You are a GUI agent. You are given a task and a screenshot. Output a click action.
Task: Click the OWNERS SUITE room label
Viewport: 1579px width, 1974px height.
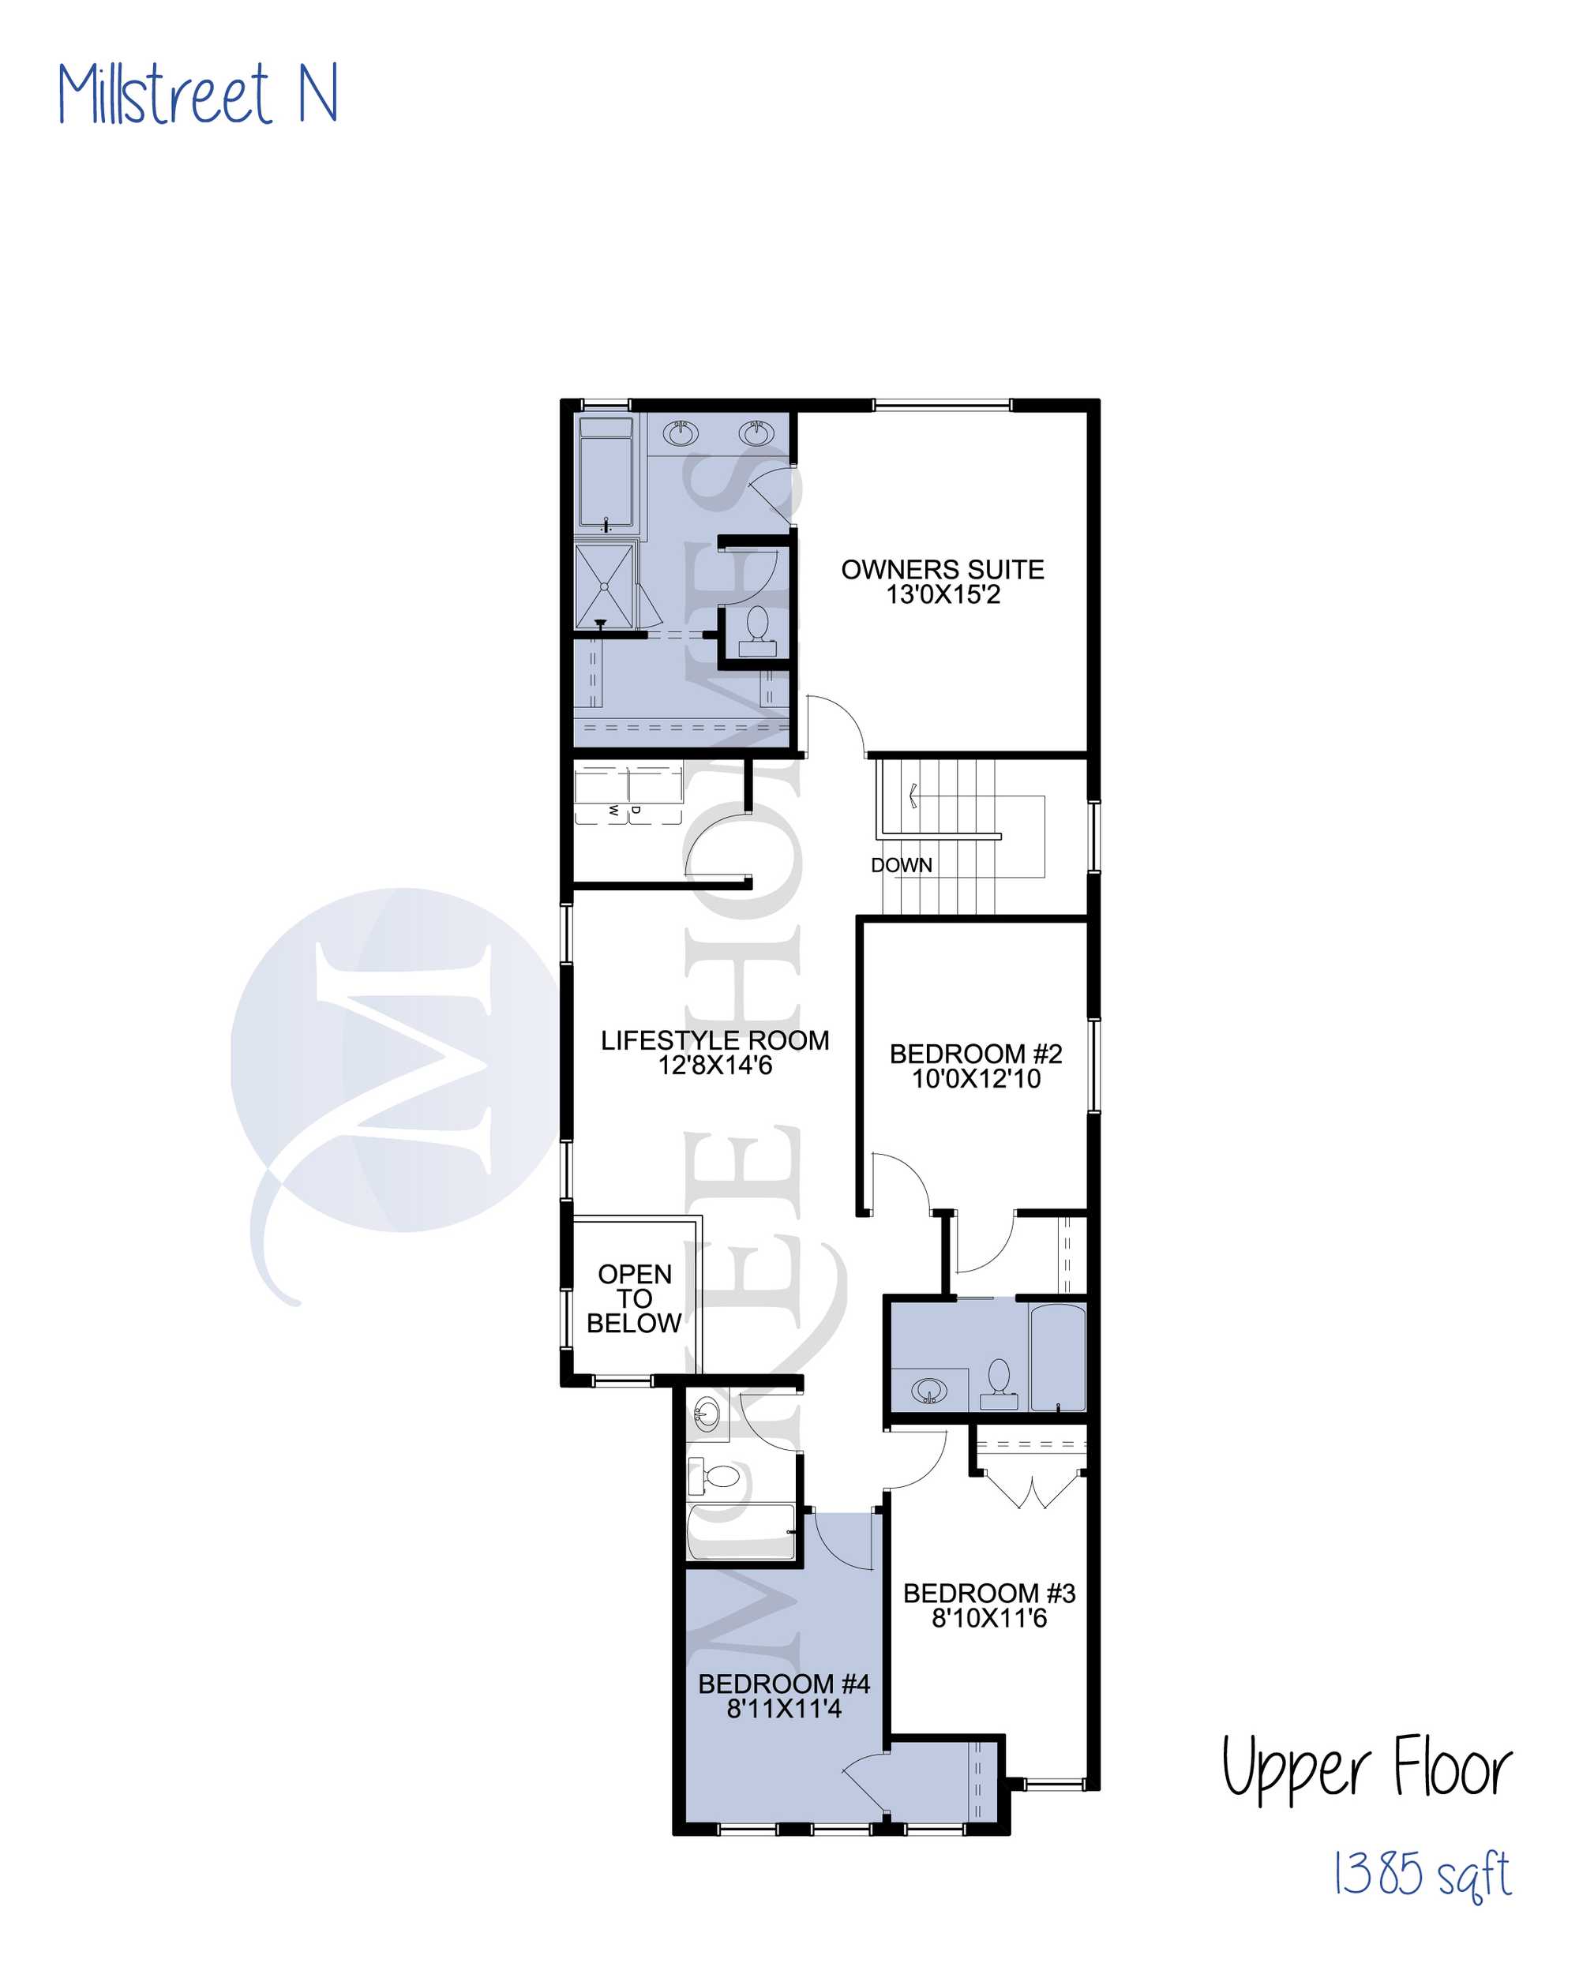tap(943, 570)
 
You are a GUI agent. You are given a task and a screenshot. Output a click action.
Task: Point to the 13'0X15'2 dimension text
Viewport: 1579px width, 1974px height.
tap(943, 594)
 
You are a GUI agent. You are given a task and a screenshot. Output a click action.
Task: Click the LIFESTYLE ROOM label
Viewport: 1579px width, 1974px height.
tap(715, 1040)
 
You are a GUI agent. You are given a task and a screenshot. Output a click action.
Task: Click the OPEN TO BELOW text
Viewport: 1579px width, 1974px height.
tap(634, 1298)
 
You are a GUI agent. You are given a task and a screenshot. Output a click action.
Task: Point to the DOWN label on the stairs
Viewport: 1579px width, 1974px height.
tap(902, 865)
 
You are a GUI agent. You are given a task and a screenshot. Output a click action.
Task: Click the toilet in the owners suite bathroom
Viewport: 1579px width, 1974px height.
tap(757, 631)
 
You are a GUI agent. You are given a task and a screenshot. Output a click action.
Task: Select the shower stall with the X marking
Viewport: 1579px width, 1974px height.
tap(604, 586)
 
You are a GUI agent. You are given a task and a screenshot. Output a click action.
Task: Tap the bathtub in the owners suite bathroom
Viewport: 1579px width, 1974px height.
tap(606, 473)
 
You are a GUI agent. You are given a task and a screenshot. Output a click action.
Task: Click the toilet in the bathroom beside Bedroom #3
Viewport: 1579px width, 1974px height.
tap(1000, 1384)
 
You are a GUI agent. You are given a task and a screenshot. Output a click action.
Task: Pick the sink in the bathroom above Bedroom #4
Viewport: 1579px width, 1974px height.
tap(706, 1414)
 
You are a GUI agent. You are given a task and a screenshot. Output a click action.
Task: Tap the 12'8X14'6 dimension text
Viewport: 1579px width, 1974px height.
tap(715, 1065)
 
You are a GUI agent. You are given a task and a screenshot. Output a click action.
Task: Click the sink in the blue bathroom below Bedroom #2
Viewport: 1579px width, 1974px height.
tap(929, 1392)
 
